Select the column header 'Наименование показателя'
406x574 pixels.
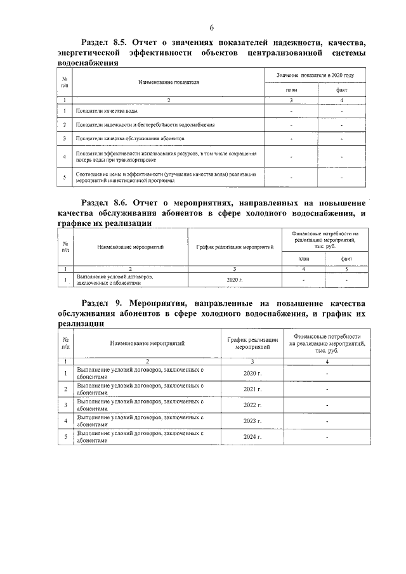[169, 82]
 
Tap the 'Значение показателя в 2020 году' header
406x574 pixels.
[315, 75]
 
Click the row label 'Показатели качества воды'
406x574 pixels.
[105, 111]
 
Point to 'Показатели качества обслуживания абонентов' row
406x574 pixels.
[129, 138]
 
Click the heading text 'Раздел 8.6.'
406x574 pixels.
[107, 202]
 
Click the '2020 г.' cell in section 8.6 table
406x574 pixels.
[234, 279]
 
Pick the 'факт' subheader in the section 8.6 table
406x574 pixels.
[346, 259]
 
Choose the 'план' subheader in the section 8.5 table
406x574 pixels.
[291, 90]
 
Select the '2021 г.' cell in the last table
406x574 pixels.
[252, 388]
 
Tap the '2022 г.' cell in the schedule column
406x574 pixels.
[252, 405]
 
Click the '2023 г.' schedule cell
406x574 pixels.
[252, 421]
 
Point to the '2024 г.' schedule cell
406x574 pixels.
[252, 438]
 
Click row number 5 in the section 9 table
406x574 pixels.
[66, 438]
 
